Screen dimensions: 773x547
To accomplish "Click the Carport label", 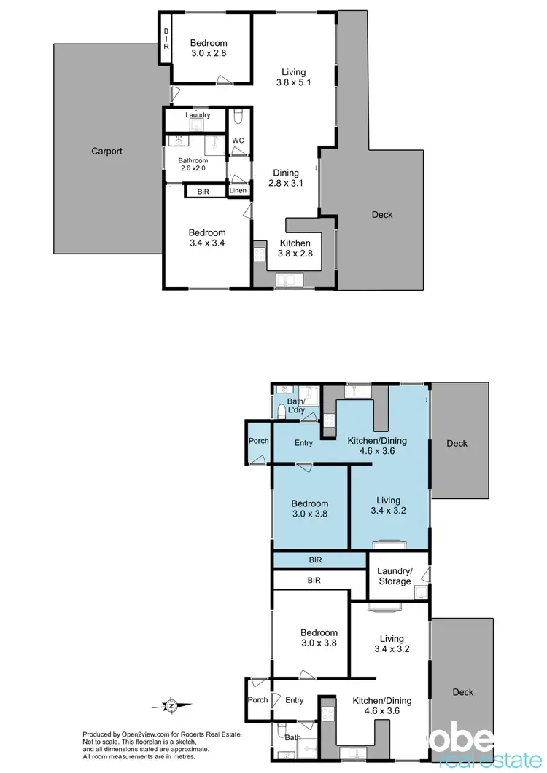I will pyautogui.click(x=106, y=152).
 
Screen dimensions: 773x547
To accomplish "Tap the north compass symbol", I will pyautogui.click(x=171, y=705).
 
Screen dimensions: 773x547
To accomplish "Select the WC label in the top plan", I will pyautogui.click(x=238, y=140).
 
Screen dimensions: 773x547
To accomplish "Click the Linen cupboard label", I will pyautogui.click(x=238, y=191).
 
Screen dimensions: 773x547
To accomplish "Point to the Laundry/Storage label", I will pyautogui.click(x=395, y=576).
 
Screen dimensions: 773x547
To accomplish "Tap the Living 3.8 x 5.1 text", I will pyautogui.click(x=294, y=78).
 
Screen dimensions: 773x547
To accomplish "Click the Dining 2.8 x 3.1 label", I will pyautogui.click(x=286, y=178).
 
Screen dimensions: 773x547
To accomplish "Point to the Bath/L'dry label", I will pyautogui.click(x=295, y=406).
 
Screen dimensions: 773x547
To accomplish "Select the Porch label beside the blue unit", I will pyautogui.click(x=258, y=441).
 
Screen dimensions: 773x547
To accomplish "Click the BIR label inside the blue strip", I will pyautogui.click(x=314, y=560).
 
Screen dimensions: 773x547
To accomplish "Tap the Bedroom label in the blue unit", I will pyautogui.click(x=310, y=509).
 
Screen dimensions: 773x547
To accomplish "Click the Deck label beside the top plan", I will pyautogui.click(x=382, y=214).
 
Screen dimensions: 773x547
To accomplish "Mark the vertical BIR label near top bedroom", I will pyautogui.click(x=166, y=39).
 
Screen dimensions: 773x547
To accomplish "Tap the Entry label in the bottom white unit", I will pyautogui.click(x=295, y=700).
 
